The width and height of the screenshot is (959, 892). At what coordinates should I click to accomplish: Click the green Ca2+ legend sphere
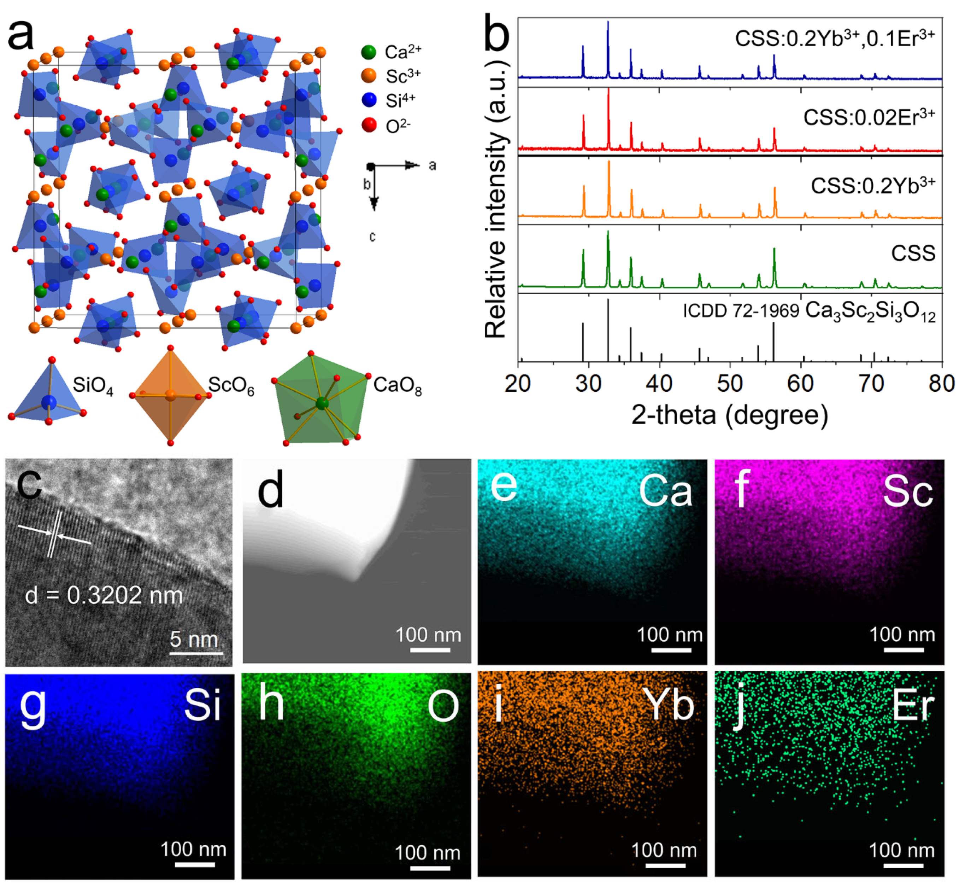(369, 52)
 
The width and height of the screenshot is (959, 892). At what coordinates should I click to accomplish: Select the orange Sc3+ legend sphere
(369, 76)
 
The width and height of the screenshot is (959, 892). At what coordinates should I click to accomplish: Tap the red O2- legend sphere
(369, 125)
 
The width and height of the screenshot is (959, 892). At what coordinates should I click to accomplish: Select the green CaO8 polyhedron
(321, 400)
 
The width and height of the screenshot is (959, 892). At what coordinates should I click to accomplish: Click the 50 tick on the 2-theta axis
(730, 384)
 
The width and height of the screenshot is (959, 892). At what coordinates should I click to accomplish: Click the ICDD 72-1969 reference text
(741, 311)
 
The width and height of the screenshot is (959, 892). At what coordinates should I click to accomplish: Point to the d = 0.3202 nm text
(104, 595)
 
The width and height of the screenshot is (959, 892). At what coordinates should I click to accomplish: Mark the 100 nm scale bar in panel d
(430, 650)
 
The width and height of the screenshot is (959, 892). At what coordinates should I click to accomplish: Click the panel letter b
(496, 34)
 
